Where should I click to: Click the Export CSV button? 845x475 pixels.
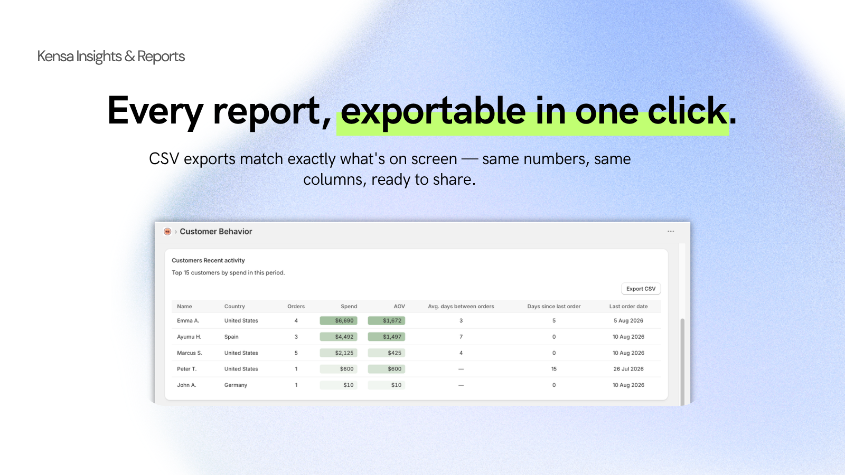click(x=641, y=289)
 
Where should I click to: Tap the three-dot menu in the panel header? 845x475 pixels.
click(x=670, y=232)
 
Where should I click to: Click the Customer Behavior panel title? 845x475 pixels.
click(x=216, y=232)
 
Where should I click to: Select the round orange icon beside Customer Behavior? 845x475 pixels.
click(x=167, y=232)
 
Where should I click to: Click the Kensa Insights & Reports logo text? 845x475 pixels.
click(x=111, y=56)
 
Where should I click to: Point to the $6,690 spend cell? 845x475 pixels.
click(x=339, y=320)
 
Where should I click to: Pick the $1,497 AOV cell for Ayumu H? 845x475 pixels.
click(x=386, y=337)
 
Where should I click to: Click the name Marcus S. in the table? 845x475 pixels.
click(x=190, y=353)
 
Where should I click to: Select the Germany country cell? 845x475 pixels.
click(x=236, y=385)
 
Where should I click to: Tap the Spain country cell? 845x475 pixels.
click(x=231, y=337)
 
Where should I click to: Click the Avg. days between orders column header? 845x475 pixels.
click(x=461, y=307)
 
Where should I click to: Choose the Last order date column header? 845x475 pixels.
click(x=628, y=307)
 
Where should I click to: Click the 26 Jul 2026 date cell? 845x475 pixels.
click(x=628, y=369)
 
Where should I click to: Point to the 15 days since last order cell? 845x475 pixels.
click(x=554, y=369)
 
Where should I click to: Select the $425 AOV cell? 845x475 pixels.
click(x=386, y=353)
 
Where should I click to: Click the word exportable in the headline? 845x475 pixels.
click(x=433, y=111)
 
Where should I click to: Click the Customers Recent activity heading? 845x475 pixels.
click(x=208, y=261)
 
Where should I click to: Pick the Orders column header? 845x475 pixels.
click(x=296, y=307)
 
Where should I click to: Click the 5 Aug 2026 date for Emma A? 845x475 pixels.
click(x=628, y=320)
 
